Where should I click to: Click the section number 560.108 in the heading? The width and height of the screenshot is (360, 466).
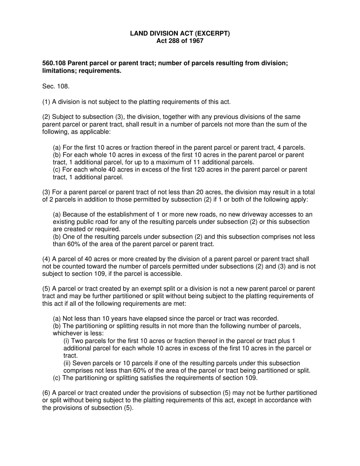coord(53,63)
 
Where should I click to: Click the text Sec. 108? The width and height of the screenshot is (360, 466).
coord(56,86)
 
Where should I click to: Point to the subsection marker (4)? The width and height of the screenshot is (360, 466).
coord(46,259)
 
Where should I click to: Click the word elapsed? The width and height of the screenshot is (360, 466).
coord(153,318)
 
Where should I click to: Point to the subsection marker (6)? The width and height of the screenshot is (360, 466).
coord(46,393)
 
